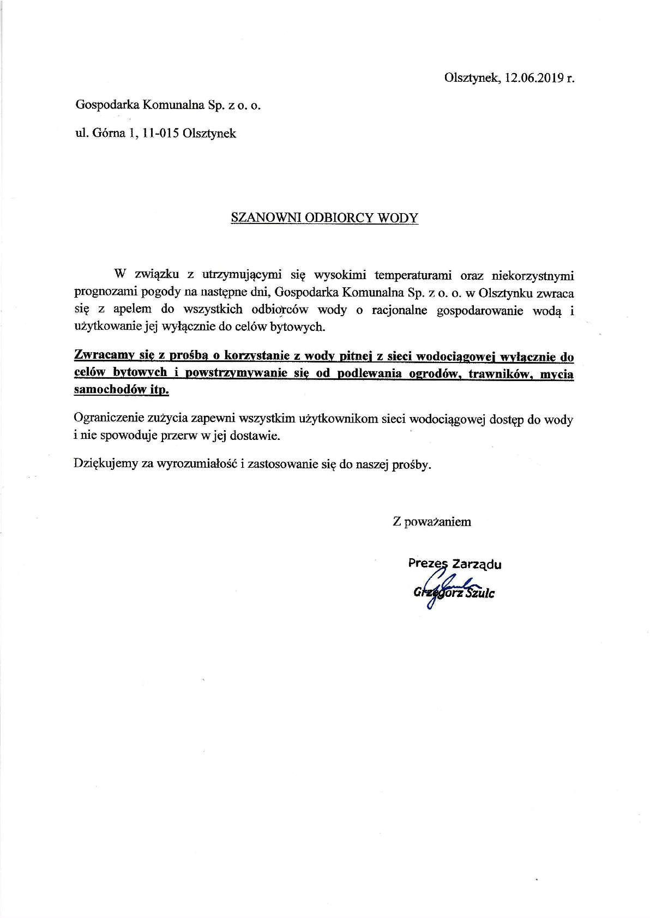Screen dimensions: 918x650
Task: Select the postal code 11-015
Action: [x=161, y=134]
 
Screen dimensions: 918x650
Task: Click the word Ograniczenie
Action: [x=108, y=419]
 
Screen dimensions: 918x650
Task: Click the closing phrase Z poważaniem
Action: [x=432, y=522]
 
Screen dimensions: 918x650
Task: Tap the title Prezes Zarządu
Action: [x=455, y=564]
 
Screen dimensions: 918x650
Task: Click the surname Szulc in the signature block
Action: [x=480, y=594]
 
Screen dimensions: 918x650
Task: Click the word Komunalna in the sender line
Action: [x=173, y=105]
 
